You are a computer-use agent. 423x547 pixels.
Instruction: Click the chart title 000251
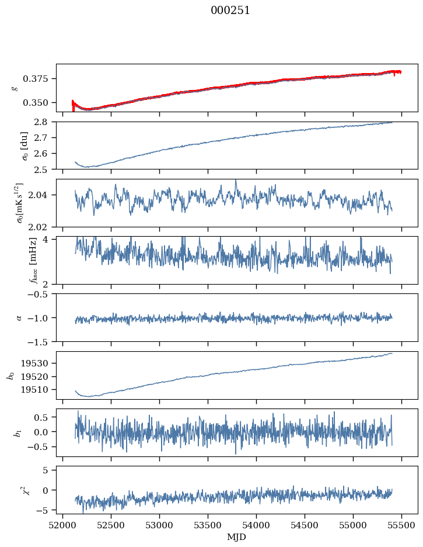(230, 11)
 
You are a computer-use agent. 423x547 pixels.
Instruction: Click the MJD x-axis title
(237, 536)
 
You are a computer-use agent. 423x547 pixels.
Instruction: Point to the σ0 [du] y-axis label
(18, 145)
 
